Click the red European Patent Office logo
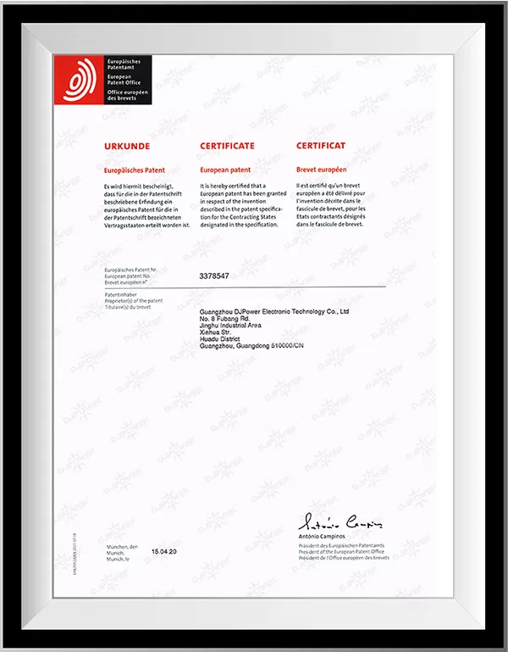79,81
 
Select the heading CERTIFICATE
227,146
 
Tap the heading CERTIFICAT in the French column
321,146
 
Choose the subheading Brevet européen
325,170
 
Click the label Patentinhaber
122,293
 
